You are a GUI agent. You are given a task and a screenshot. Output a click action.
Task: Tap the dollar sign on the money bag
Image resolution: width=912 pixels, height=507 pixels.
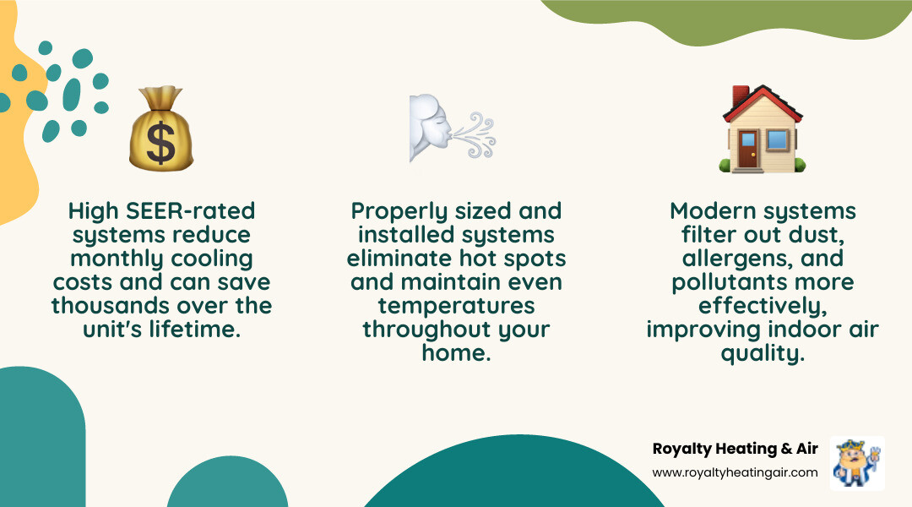[x=160, y=143]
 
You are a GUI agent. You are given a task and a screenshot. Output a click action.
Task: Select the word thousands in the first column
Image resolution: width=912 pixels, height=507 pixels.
[x=111, y=305]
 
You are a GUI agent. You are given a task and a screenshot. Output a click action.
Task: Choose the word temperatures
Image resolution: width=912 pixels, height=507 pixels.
[x=456, y=305]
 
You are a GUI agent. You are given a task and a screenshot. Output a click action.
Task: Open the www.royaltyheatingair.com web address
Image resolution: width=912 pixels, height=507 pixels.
[x=736, y=472]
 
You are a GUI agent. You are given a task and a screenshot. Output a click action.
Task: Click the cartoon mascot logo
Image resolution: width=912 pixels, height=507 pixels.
[x=857, y=462]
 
